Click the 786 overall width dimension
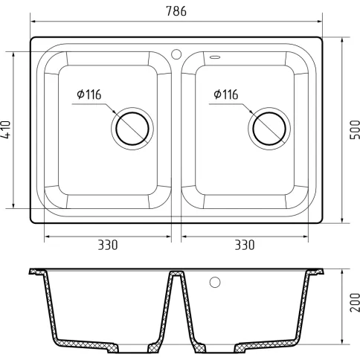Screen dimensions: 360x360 [176, 11]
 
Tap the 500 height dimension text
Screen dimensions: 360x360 [355, 129]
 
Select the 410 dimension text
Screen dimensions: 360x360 [5, 129]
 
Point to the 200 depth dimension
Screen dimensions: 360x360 [355, 303]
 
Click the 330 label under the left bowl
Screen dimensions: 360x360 [108, 245]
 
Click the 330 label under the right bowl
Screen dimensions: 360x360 [245, 245]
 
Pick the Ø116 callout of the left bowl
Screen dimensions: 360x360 [89, 94]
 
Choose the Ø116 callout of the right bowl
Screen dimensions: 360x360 [226, 94]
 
